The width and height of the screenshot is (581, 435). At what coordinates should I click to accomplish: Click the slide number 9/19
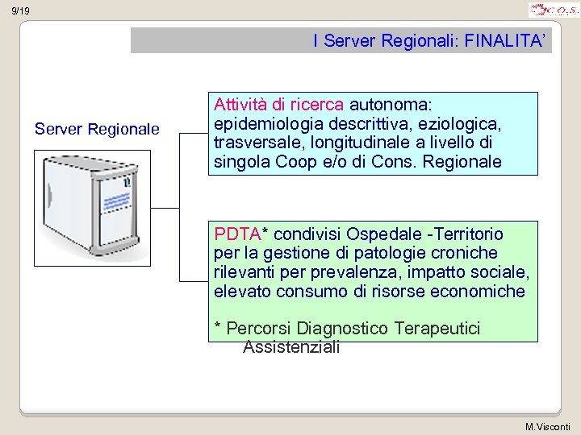tap(21, 11)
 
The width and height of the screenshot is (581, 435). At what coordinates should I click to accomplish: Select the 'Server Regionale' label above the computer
tap(97, 129)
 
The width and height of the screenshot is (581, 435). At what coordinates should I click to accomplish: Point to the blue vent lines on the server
tap(116, 200)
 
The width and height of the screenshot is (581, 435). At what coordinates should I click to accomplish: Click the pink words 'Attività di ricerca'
tap(278, 106)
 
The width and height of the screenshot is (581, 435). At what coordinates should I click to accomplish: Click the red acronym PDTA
tap(238, 234)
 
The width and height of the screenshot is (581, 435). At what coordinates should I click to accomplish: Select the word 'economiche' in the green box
tap(480, 291)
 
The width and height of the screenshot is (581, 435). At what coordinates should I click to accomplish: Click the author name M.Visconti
tap(547, 426)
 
